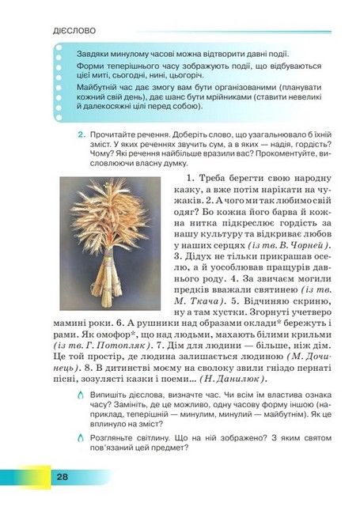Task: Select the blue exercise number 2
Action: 81,136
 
